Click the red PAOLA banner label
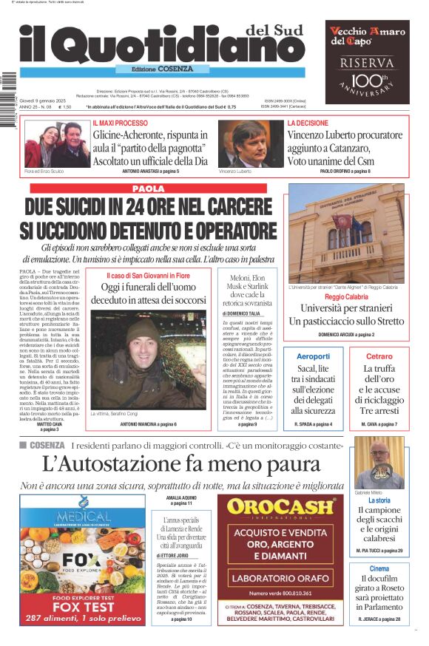click(x=149, y=188)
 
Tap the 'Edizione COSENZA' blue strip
click(x=153, y=69)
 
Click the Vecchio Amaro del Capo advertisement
click(x=367, y=61)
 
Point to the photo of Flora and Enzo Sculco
click(x=57, y=143)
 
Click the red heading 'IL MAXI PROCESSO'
click(x=121, y=123)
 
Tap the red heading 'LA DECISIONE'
click(x=308, y=123)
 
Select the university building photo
click(x=346, y=233)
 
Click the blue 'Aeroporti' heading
click(x=313, y=356)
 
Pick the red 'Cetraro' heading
click(x=379, y=356)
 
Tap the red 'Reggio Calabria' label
click(x=346, y=296)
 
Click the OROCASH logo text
click(x=280, y=507)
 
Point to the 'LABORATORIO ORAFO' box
click(x=280, y=578)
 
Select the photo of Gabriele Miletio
click(x=379, y=463)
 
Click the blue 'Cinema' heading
click(x=379, y=568)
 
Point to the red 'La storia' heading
click(x=379, y=500)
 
